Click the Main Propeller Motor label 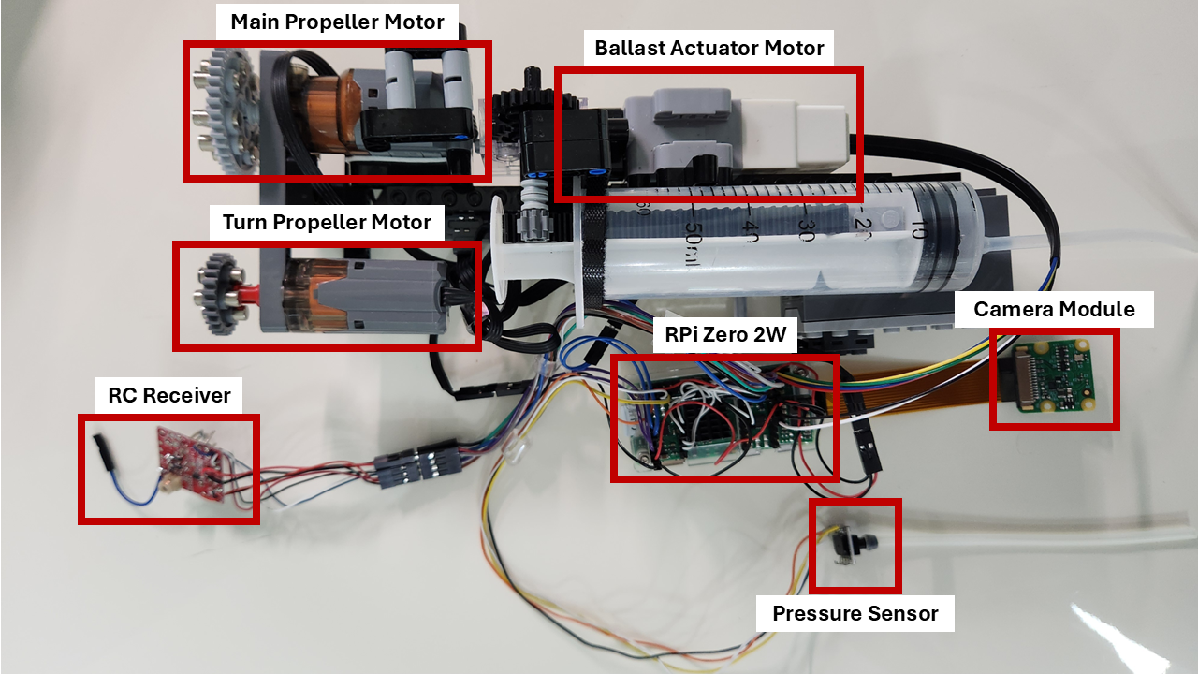[337, 22]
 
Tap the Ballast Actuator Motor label [709, 48]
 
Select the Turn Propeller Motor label [327, 223]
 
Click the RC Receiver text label [169, 395]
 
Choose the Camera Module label [1054, 309]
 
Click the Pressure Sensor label [855, 614]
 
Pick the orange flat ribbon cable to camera [922, 388]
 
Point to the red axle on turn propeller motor [249, 296]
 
